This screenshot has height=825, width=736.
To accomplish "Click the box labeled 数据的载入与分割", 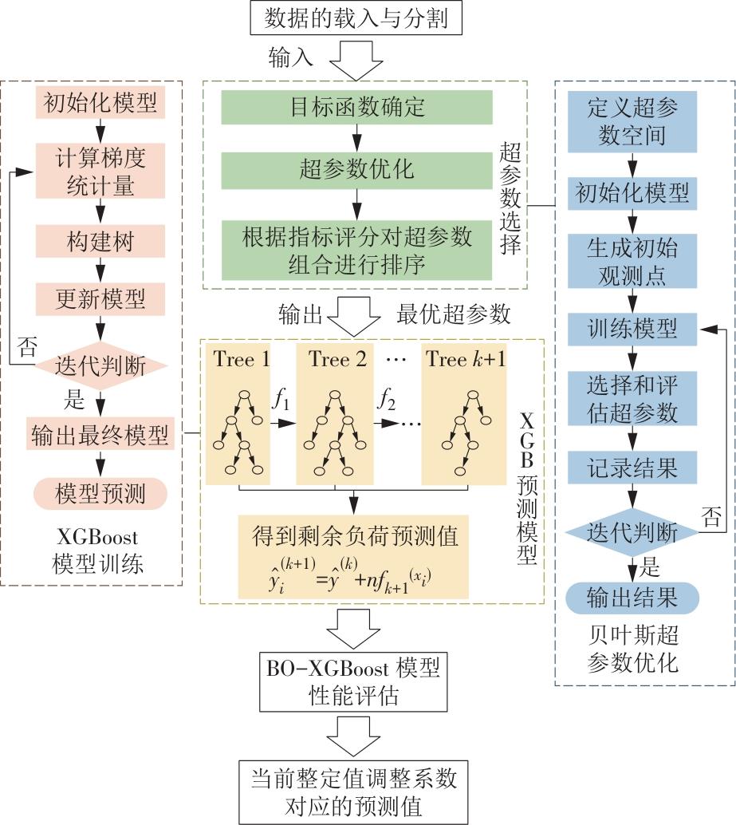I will [355, 17].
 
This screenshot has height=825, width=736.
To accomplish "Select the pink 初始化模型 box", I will [100, 103].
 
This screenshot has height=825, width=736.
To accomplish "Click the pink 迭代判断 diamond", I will [100, 366].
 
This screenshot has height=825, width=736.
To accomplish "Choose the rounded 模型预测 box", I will [100, 493].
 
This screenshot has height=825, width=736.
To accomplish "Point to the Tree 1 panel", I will [240, 414].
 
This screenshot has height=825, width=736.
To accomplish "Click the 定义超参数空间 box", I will [632, 121].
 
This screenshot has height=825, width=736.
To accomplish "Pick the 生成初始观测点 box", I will [632, 261].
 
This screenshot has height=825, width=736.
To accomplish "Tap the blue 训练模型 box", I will [632, 328].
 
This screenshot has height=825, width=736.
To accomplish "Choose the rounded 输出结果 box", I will [632, 597].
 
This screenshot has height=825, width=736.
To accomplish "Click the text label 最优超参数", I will [453, 314].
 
